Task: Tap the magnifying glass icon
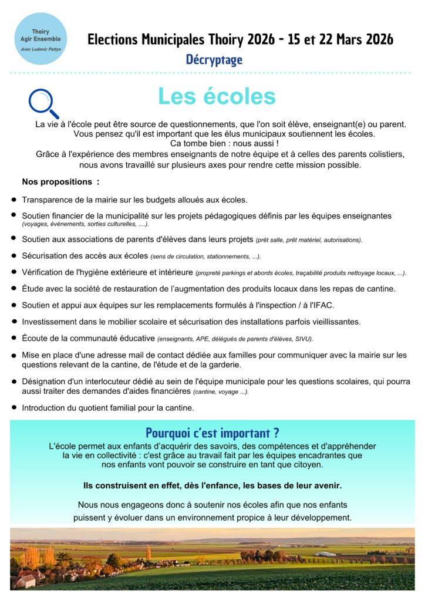tap(43, 103)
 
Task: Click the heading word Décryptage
tap(214, 59)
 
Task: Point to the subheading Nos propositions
tap(60, 182)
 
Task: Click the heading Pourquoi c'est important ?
tap(212, 433)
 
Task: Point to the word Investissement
tap(51, 322)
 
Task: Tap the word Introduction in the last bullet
tap(46, 407)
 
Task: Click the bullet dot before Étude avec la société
tap(14, 289)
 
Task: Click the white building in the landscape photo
tap(325, 554)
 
